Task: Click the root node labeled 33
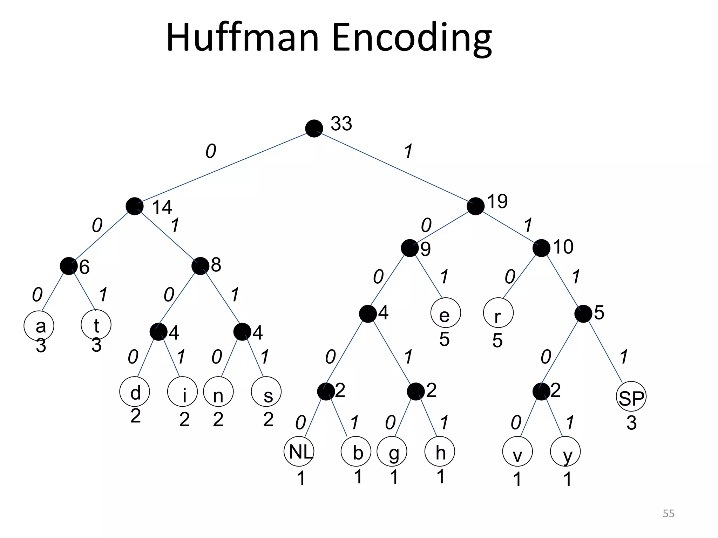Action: (x=314, y=129)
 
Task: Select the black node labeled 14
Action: (x=134, y=206)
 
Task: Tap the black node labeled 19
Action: (x=475, y=206)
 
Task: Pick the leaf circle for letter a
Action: (x=39, y=326)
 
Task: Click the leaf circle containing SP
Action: (x=631, y=397)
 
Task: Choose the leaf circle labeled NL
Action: (x=299, y=451)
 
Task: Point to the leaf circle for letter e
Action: (x=446, y=313)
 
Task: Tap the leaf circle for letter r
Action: (x=498, y=313)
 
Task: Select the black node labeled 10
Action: (x=541, y=248)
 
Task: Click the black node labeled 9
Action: (x=409, y=248)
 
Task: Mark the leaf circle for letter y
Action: (x=565, y=451)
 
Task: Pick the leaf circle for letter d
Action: (x=135, y=392)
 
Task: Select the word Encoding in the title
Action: (x=412, y=38)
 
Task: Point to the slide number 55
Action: (x=668, y=513)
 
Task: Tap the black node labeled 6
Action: (x=68, y=266)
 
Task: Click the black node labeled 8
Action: (x=200, y=266)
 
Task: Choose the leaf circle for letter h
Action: (x=440, y=451)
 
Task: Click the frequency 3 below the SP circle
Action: (x=631, y=423)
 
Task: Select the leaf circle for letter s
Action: (x=266, y=392)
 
